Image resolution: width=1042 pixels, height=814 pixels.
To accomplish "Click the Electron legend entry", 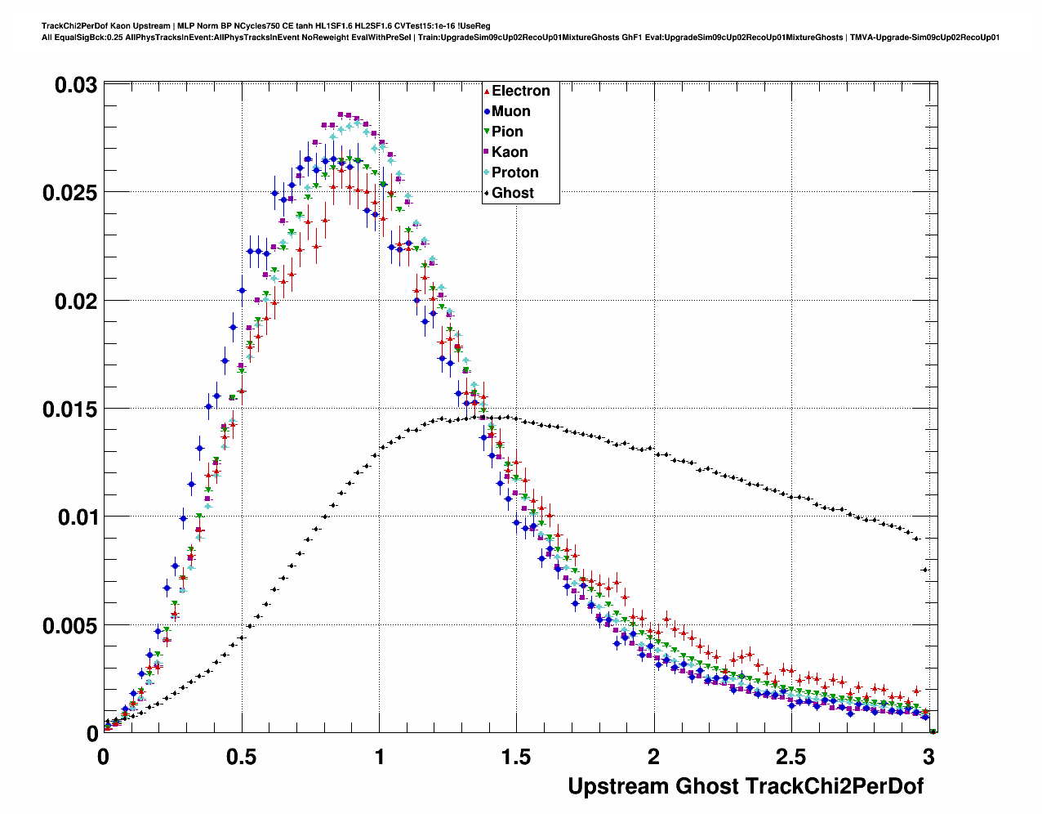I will point(520,91).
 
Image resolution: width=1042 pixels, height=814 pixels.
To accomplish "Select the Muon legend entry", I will point(510,111).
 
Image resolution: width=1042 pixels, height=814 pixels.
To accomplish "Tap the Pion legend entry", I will point(507,132).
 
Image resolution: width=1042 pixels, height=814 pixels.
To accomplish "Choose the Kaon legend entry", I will point(510,152).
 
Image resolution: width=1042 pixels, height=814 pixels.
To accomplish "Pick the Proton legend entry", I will point(514,172).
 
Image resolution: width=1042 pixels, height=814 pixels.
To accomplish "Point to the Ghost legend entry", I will point(512,193).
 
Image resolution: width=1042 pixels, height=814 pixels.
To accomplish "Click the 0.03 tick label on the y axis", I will point(75,85).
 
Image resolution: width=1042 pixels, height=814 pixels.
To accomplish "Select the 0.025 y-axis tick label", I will point(69,193).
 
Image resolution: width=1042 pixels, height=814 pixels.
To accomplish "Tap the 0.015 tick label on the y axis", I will point(69,409).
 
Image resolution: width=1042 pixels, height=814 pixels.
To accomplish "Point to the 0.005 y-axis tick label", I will point(69,625).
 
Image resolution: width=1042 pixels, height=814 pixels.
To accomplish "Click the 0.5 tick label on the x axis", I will point(242,757).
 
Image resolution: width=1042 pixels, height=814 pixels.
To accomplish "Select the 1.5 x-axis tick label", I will point(516,757).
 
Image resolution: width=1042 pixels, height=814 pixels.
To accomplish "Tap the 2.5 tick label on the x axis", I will point(791,757).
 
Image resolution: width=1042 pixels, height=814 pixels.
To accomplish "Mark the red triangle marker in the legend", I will point(487,91).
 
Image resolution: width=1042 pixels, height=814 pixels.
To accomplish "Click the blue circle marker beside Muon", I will point(487,111).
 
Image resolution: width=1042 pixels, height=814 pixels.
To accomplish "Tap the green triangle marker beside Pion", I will point(487,132).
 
